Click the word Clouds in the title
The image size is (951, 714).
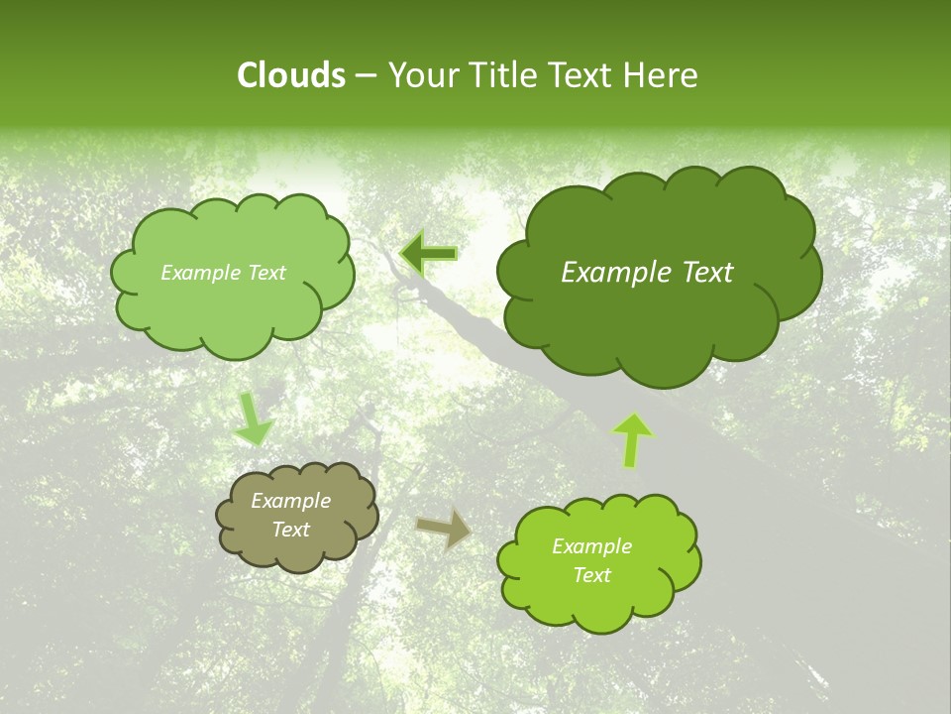(291, 75)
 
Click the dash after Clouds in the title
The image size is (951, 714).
(366, 76)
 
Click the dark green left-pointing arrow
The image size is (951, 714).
(428, 254)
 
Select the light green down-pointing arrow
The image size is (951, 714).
(253, 417)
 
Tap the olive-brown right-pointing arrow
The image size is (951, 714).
(443, 529)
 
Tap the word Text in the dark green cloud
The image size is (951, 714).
(707, 273)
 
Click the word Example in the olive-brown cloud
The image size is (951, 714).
(290, 501)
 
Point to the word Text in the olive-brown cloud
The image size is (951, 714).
(290, 530)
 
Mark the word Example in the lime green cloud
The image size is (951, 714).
(591, 546)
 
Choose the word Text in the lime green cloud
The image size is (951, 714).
(591, 575)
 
